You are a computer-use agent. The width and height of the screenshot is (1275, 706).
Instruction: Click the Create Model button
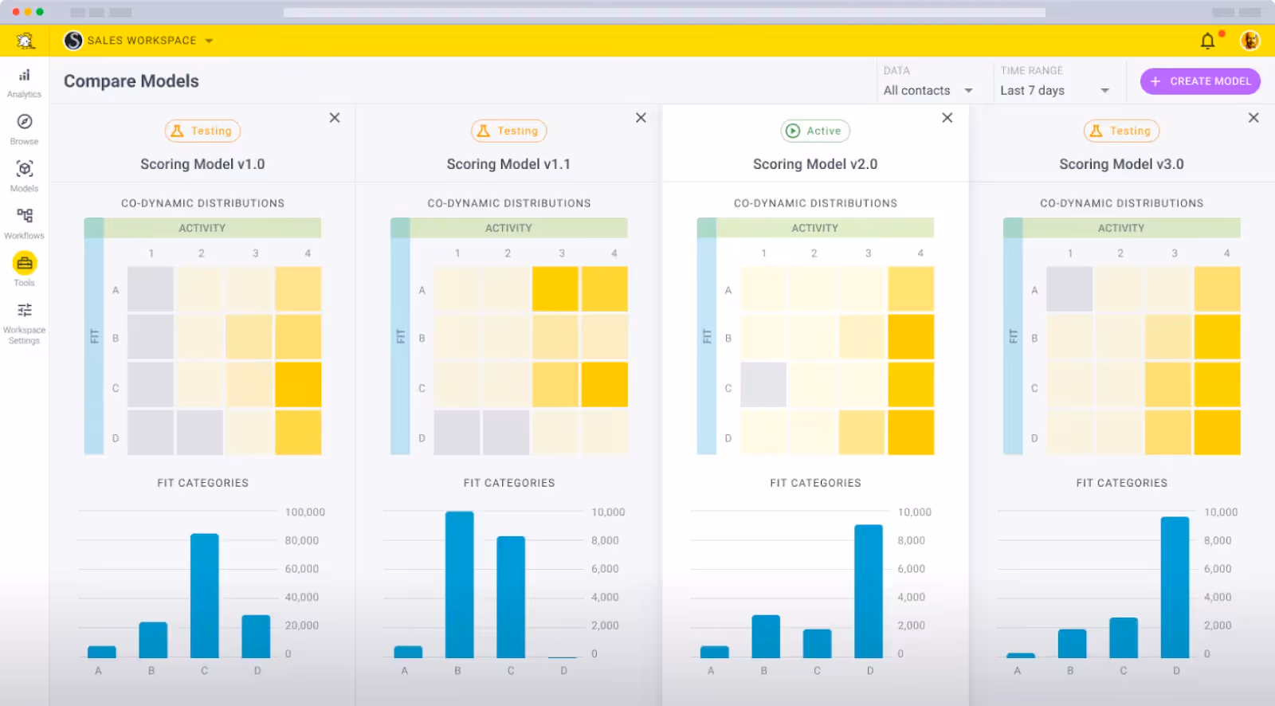pyautogui.click(x=1200, y=81)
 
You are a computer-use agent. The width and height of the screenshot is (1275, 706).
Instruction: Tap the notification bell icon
pyautogui.click(x=1208, y=41)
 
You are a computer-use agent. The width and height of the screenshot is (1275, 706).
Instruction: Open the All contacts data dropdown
pyautogui.click(x=928, y=91)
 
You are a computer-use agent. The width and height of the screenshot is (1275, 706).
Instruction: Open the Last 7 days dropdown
pyautogui.click(x=1054, y=91)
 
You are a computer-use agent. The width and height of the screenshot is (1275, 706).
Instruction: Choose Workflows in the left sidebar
pyautogui.click(x=25, y=222)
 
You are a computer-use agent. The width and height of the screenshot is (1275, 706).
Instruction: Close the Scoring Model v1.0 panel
pyautogui.click(x=335, y=118)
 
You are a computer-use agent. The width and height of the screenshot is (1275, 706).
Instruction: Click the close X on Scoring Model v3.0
pyautogui.click(x=1253, y=118)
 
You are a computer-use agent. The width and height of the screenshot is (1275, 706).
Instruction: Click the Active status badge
pyautogui.click(x=814, y=131)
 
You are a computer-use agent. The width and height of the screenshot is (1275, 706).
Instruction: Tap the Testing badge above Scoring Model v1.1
pyautogui.click(x=508, y=131)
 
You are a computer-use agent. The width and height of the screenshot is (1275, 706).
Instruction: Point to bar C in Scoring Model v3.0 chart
pyautogui.click(x=1124, y=637)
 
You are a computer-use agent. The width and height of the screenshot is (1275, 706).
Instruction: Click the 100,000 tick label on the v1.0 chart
pyautogui.click(x=305, y=512)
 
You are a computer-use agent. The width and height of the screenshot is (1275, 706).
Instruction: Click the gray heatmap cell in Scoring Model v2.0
pyautogui.click(x=763, y=385)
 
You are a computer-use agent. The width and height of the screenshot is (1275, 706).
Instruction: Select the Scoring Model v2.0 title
pyautogui.click(x=814, y=164)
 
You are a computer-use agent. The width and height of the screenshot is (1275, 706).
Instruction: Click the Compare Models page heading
pyautogui.click(x=131, y=81)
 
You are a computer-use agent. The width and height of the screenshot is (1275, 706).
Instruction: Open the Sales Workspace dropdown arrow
pyautogui.click(x=209, y=41)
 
